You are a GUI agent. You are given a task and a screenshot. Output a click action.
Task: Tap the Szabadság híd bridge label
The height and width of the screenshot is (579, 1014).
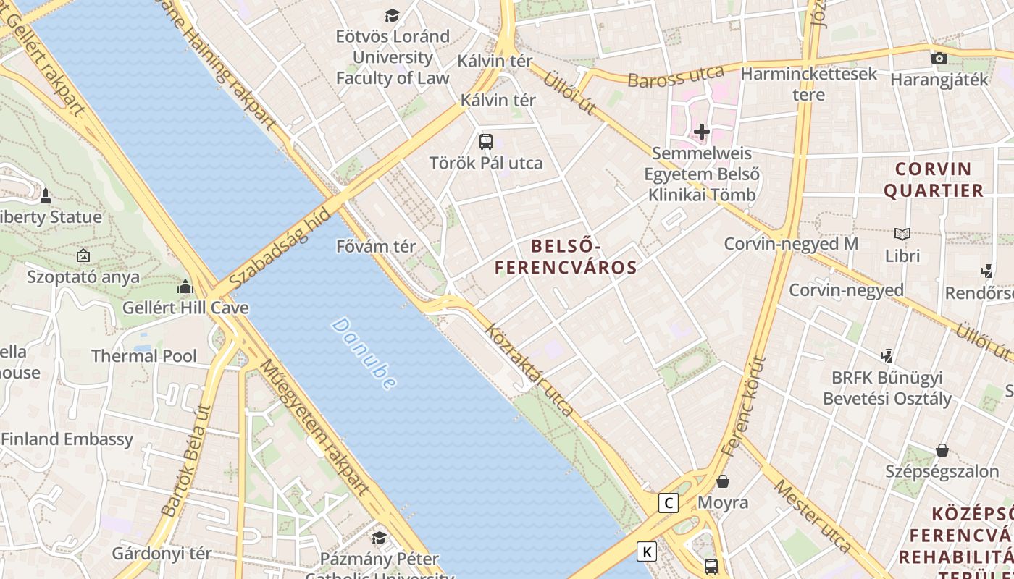click(279, 248)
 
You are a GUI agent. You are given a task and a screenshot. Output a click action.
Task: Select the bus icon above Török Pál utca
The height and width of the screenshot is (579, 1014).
click(486, 142)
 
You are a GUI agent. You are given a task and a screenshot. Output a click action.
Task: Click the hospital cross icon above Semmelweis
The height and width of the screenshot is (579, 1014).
click(701, 132)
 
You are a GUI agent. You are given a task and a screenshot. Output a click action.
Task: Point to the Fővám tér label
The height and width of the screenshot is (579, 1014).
click(376, 247)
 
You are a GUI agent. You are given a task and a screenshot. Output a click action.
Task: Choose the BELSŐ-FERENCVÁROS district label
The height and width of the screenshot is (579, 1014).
click(566, 256)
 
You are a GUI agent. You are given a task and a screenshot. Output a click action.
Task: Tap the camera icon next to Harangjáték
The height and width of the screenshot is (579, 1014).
click(939, 58)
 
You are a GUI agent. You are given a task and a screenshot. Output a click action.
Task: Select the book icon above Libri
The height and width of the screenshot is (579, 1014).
click(902, 234)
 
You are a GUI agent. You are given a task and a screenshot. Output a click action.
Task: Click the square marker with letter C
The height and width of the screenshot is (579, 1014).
click(669, 502)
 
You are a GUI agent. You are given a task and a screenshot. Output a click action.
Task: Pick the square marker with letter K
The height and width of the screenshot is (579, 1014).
click(647, 551)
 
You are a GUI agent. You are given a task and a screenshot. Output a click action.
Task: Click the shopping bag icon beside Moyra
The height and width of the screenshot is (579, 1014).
click(722, 481)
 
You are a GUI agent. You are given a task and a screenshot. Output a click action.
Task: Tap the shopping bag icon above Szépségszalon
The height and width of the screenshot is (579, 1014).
click(942, 450)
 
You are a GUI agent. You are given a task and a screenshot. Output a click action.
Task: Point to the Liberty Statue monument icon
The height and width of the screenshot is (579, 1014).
click(46, 195)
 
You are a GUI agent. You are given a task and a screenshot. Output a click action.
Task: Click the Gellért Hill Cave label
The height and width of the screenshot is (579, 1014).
click(185, 308)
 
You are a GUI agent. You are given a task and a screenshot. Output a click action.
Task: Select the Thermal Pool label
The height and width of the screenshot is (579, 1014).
click(144, 355)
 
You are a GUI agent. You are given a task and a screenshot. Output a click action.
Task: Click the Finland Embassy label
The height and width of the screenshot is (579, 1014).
click(67, 439)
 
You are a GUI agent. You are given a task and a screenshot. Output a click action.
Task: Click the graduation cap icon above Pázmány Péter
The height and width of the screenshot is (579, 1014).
click(379, 537)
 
